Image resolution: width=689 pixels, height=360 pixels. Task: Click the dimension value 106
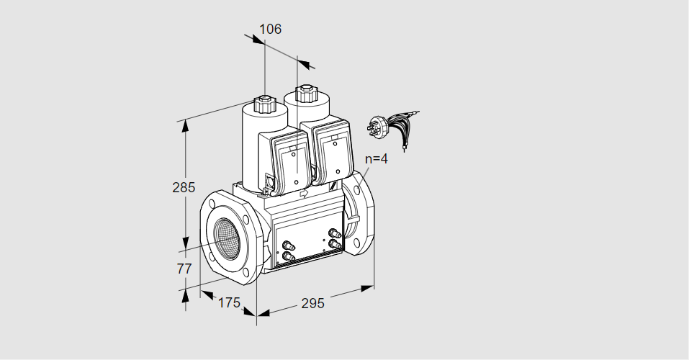click(x=270, y=29)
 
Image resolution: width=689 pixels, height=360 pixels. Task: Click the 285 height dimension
click(x=184, y=187)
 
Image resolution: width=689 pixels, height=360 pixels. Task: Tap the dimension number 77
click(x=184, y=268)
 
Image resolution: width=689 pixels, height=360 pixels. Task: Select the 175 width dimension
click(x=230, y=302)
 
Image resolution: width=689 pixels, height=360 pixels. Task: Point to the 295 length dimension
click(x=313, y=303)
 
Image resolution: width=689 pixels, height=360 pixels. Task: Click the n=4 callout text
click(x=377, y=158)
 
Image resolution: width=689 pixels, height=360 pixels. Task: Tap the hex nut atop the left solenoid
click(x=265, y=104)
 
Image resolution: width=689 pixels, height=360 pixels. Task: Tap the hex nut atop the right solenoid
click(x=305, y=93)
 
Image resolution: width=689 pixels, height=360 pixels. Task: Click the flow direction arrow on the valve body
click(x=304, y=193)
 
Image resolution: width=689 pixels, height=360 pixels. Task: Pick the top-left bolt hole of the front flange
click(x=213, y=204)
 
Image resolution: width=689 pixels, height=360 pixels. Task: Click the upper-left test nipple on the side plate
click(x=288, y=246)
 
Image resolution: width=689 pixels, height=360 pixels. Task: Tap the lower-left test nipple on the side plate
click(x=288, y=256)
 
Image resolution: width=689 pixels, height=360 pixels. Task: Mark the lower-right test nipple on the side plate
click(x=335, y=243)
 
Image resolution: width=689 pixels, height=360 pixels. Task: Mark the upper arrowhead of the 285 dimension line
click(x=186, y=126)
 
